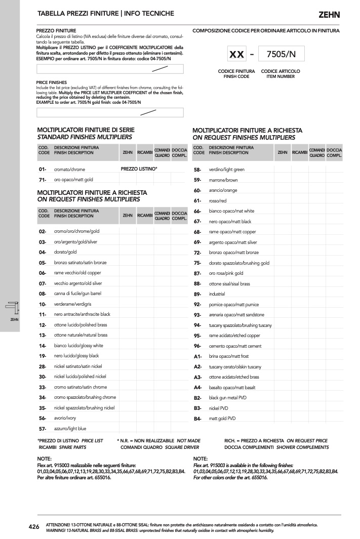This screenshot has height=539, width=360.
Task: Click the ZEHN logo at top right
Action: tap(329, 15)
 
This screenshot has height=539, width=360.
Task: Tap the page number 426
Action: tap(34, 527)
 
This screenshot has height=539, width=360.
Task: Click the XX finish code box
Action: tap(236, 54)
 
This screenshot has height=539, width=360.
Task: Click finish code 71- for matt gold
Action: tap(43, 180)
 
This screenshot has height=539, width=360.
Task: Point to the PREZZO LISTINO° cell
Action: tap(139, 169)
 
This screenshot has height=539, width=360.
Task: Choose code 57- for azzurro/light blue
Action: tap(43, 429)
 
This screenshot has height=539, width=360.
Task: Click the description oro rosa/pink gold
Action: tap(226, 273)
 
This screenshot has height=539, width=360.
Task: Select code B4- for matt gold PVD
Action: tap(197, 419)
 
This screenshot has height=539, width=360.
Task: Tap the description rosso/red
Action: tap(218, 201)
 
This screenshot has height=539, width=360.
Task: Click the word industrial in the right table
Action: tap(217, 294)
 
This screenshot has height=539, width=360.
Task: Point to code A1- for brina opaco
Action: tap(197, 356)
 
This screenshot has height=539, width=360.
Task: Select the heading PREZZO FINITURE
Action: tap(56, 31)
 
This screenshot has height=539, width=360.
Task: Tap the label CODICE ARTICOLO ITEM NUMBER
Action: tap(280, 74)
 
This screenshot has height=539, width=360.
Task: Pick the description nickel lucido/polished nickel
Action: tap(80, 377)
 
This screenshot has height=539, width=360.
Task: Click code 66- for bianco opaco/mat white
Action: tap(197, 211)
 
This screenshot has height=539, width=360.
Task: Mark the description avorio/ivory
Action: tap(65, 418)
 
